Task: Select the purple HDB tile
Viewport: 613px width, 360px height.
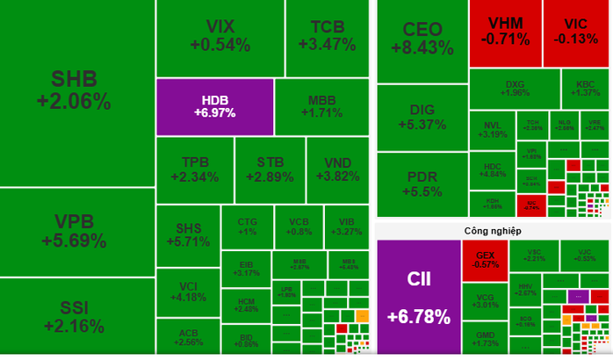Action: click(x=215, y=106)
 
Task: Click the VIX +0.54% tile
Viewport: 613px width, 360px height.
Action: click(x=220, y=35)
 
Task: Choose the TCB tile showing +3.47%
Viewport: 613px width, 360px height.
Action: click(x=327, y=35)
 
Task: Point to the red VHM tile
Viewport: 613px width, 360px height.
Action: click(x=504, y=32)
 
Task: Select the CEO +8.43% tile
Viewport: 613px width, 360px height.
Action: click(x=422, y=40)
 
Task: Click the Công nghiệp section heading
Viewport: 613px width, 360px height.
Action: click(x=493, y=230)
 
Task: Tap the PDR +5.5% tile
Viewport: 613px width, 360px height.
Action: click(x=422, y=184)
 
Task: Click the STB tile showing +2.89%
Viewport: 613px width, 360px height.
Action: click(x=270, y=169)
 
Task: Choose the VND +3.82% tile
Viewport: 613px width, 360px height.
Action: click(x=342, y=169)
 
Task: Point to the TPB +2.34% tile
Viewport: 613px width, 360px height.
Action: click(x=194, y=169)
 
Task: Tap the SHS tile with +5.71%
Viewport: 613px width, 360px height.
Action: click(x=187, y=234)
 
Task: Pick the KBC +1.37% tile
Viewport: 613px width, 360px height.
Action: click(x=587, y=89)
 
